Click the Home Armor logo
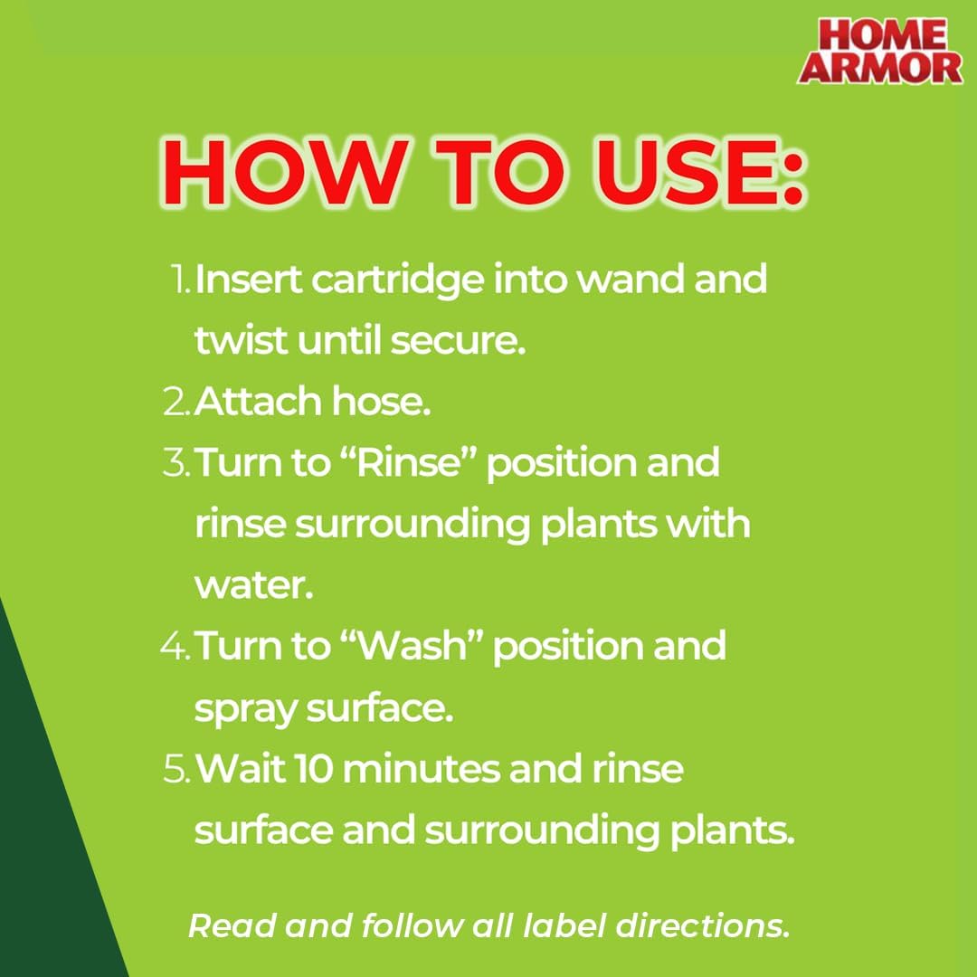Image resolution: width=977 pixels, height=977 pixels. point(879,51)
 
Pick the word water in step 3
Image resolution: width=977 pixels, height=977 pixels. point(253,586)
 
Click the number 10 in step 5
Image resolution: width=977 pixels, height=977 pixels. point(313,770)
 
